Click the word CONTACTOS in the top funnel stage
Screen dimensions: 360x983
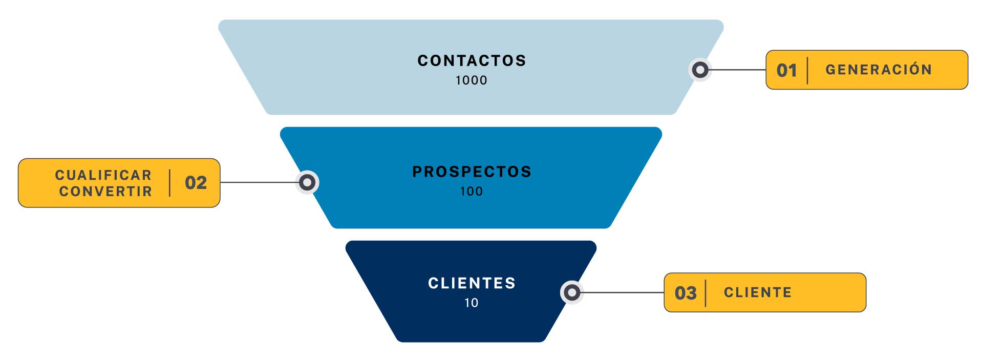tap(472, 61)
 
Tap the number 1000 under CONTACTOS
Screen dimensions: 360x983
tap(472, 80)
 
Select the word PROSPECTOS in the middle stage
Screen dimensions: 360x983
tap(472, 172)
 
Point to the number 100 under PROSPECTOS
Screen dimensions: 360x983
tap(472, 192)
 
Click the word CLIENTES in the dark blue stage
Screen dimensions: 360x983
tap(472, 283)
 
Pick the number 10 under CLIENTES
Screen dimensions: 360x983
tap(472, 303)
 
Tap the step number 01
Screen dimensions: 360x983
tap(786, 70)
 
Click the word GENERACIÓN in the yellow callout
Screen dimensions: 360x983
tap(879, 70)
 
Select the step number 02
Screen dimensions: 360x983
tap(196, 183)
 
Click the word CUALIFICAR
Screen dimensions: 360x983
tap(103, 175)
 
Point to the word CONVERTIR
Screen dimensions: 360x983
tap(105, 192)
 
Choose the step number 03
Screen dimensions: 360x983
tap(686, 293)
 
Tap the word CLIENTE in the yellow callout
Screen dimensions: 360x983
tap(758, 292)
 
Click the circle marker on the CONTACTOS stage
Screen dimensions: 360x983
tap(700, 70)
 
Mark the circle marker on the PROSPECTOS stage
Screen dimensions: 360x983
tap(307, 182)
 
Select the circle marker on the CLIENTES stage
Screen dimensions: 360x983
tap(572, 292)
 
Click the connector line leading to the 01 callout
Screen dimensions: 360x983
tap(737, 70)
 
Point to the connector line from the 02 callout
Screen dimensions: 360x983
tap(259, 182)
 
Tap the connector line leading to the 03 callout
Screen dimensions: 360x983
tap(622, 292)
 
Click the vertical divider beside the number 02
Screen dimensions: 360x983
tap(169, 183)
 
